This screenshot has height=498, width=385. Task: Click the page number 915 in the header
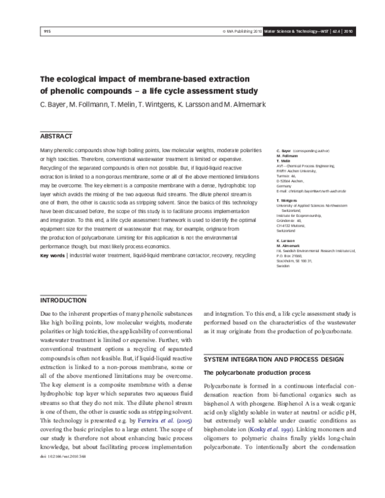47,30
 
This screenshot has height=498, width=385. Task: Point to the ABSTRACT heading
56,137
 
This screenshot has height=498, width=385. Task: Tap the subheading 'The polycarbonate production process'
253,372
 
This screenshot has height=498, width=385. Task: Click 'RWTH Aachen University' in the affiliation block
295,171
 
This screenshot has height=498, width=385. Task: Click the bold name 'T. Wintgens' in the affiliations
286,200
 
